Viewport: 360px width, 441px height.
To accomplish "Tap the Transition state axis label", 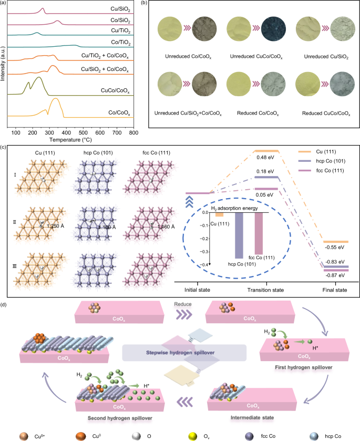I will [265, 290].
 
